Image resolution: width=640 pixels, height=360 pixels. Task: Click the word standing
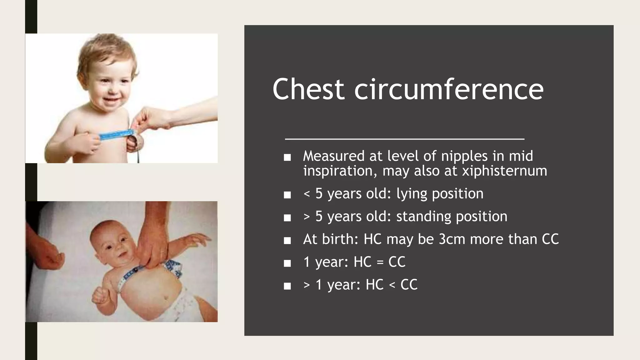tap(424, 216)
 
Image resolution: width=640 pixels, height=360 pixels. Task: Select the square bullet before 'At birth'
tap(287, 240)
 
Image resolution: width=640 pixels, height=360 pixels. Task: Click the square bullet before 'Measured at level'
tap(287, 157)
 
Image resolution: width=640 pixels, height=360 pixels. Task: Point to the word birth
tap(340, 239)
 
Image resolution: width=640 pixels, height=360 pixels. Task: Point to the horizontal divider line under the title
tap(405, 139)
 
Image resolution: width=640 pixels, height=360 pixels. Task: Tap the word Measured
tap(334, 156)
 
